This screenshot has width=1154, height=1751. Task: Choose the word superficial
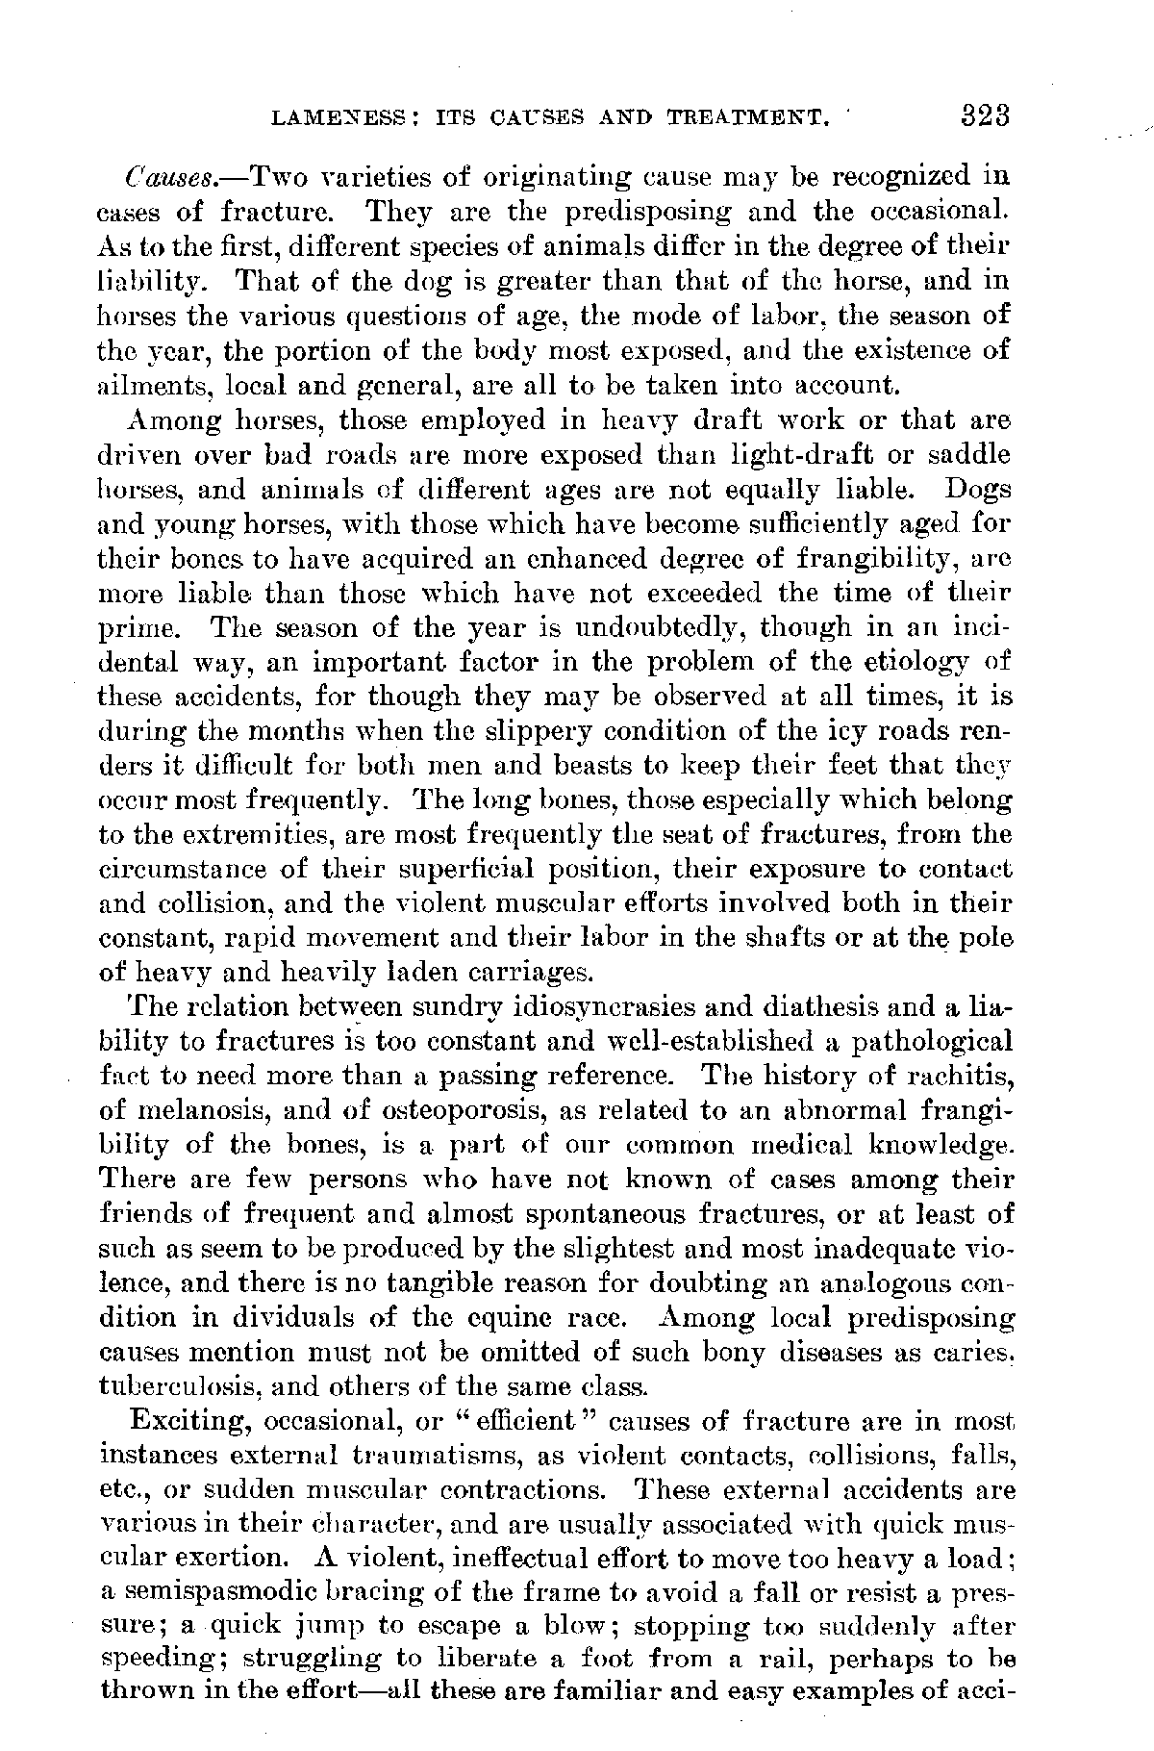tap(450, 870)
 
